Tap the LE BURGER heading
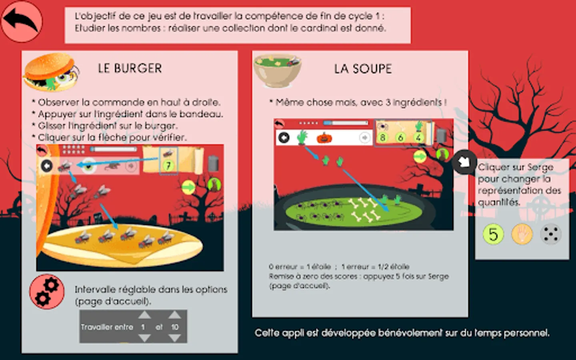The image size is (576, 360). click(x=130, y=68)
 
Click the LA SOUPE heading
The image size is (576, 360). click(x=363, y=69)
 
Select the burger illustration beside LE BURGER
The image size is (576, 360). click(x=51, y=72)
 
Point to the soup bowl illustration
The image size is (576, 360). click(x=277, y=71)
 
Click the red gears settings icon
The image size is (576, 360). click(x=47, y=292)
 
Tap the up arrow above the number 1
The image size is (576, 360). click(x=144, y=315)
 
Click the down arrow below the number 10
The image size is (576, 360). click(x=174, y=338)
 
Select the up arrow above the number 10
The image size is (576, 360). click(x=174, y=315)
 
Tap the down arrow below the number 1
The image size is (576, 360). click(x=144, y=338)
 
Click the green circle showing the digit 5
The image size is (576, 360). click(x=493, y=234)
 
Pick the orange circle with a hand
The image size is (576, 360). click(x=522, y=234)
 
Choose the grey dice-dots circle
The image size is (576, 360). click(x=550, y=234)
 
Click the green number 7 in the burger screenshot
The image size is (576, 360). click(x=168, y=166)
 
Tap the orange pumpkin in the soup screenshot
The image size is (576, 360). click(x=324, y=138)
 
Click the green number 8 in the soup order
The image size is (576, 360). click(x=382, y=138)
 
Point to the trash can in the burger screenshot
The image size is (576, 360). click(x=213, y=163)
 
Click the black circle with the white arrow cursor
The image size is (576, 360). click(x=464, y=162)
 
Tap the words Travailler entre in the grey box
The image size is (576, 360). click(x=107, y=327)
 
